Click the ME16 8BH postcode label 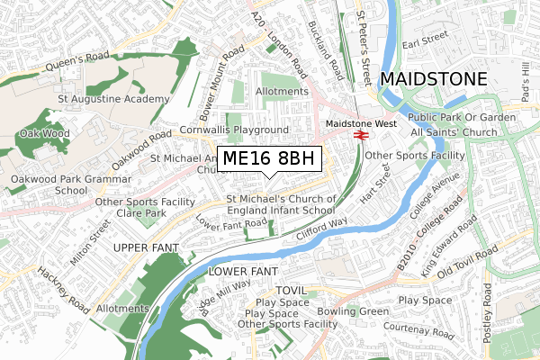[269, 159]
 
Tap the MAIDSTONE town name [434, 79]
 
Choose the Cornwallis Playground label [233, 130]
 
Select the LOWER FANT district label [244, 271]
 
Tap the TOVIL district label [292, 291]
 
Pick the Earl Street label [424, 40]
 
